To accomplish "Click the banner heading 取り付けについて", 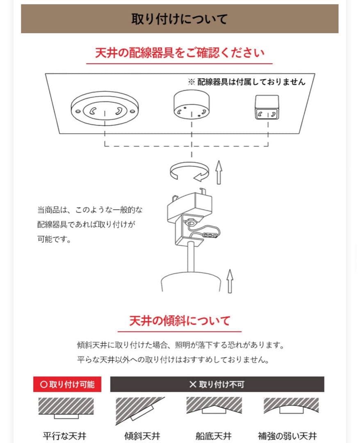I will (x=179, y=19).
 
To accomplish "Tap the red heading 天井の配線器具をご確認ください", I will (x=179, y=53).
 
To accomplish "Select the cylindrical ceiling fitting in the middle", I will (x=191, y=105).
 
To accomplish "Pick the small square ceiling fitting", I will (x=267, y=107).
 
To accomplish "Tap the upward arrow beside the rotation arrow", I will (x=219, y=173).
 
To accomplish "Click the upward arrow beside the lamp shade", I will (x=230, y=281).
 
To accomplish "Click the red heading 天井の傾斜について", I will (x=179, y=321).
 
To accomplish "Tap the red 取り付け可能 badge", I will (x=67, y=384).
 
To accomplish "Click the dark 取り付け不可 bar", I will (x=217, y=384).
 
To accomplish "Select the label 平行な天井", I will (x=64, y=436).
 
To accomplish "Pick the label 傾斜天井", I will (x=142, y=436).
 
